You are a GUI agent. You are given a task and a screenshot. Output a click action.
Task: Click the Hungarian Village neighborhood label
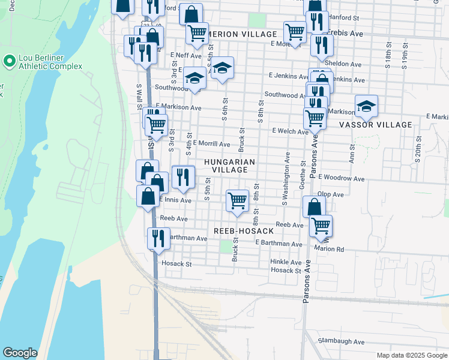(229, 166)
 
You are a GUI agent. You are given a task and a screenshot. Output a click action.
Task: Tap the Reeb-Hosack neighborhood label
(244, 231)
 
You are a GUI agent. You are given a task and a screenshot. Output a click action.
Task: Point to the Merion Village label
(243, 34)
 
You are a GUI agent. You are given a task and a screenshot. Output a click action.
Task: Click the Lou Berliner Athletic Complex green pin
(9, 61)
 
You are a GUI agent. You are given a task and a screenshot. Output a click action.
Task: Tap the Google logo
(19, 353)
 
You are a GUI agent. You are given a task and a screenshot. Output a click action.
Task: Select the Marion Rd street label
(328, 249)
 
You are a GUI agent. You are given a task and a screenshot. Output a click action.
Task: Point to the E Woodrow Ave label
(342, 178)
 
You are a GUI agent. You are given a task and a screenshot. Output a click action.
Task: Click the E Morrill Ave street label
(211, 144)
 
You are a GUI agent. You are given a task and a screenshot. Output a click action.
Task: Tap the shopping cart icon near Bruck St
(238, 200)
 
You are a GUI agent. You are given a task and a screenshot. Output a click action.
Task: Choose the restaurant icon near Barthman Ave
(158, 237)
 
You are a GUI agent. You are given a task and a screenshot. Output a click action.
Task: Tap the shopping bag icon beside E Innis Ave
(148, 196)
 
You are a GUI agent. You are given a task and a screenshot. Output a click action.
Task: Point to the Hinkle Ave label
(286, 262)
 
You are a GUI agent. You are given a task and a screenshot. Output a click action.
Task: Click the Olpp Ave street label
(331, 194)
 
